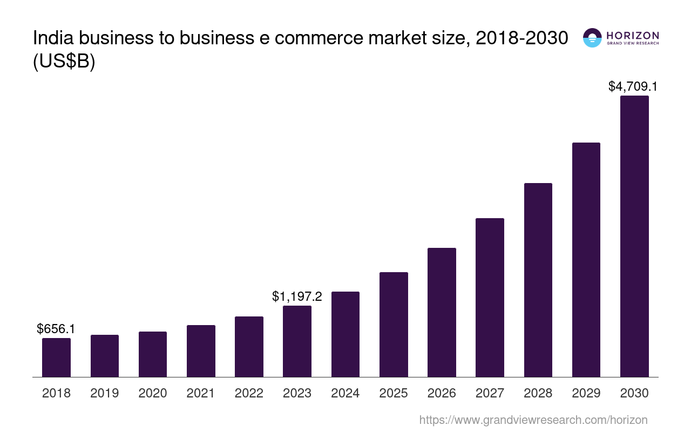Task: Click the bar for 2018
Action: (x=56, y=357)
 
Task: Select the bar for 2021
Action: (x=201, y=351)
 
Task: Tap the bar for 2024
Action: (x=345, y=334)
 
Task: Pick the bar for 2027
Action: (x=490, y=298)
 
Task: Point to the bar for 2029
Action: (x=586, y=260)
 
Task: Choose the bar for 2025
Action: (x=394, y=325)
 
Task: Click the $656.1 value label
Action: (x=56, y=328)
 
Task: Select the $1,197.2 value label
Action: (x=297, y=296)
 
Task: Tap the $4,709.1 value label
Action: (x=633, y=86)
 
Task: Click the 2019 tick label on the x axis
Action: (x=105, y=393)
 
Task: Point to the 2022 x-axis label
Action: (x=249, y=393)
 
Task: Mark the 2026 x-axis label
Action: (x=442, y=393)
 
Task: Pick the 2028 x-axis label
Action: (x=538, y=393)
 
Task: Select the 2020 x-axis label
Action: (x=153, y=393)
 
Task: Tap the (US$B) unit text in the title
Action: (x=64, y=62)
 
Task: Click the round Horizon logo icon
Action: (x=592, y=38)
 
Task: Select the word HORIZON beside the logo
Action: (x=633, y=36)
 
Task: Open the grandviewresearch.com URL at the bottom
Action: (x=533, y=420)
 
